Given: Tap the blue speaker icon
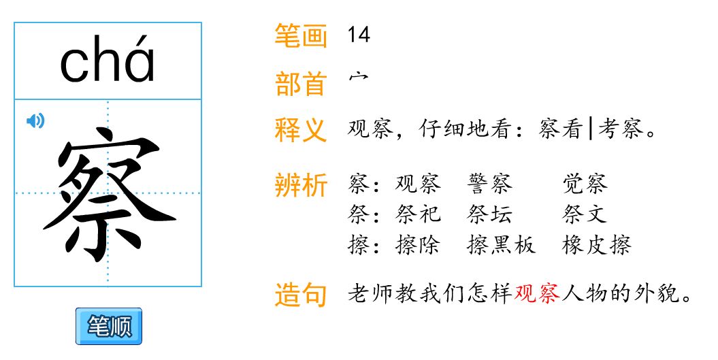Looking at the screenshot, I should [x=35, y=121].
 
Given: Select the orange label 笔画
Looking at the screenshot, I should [x=301, y=36].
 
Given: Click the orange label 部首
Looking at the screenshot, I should [x=301, y=84].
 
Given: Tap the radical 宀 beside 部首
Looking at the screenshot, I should [x=357, y=79].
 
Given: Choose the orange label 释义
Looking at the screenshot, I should [x=301, y=130].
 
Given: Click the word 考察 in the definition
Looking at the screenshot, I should [x=619, y=129].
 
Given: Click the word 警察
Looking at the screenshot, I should [x=490, y=184].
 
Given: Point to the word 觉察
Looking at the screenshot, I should [x=585, y=184].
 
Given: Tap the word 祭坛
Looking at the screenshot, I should [x=490, y=214].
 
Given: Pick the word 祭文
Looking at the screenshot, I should [x=585, y=214].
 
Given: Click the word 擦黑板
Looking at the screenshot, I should [x=502, y=245].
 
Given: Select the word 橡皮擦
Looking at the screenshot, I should [x=597, y=245].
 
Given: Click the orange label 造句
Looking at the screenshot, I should [x=301, y=295].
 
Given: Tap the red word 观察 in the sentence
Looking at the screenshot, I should [x=538, y=294].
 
